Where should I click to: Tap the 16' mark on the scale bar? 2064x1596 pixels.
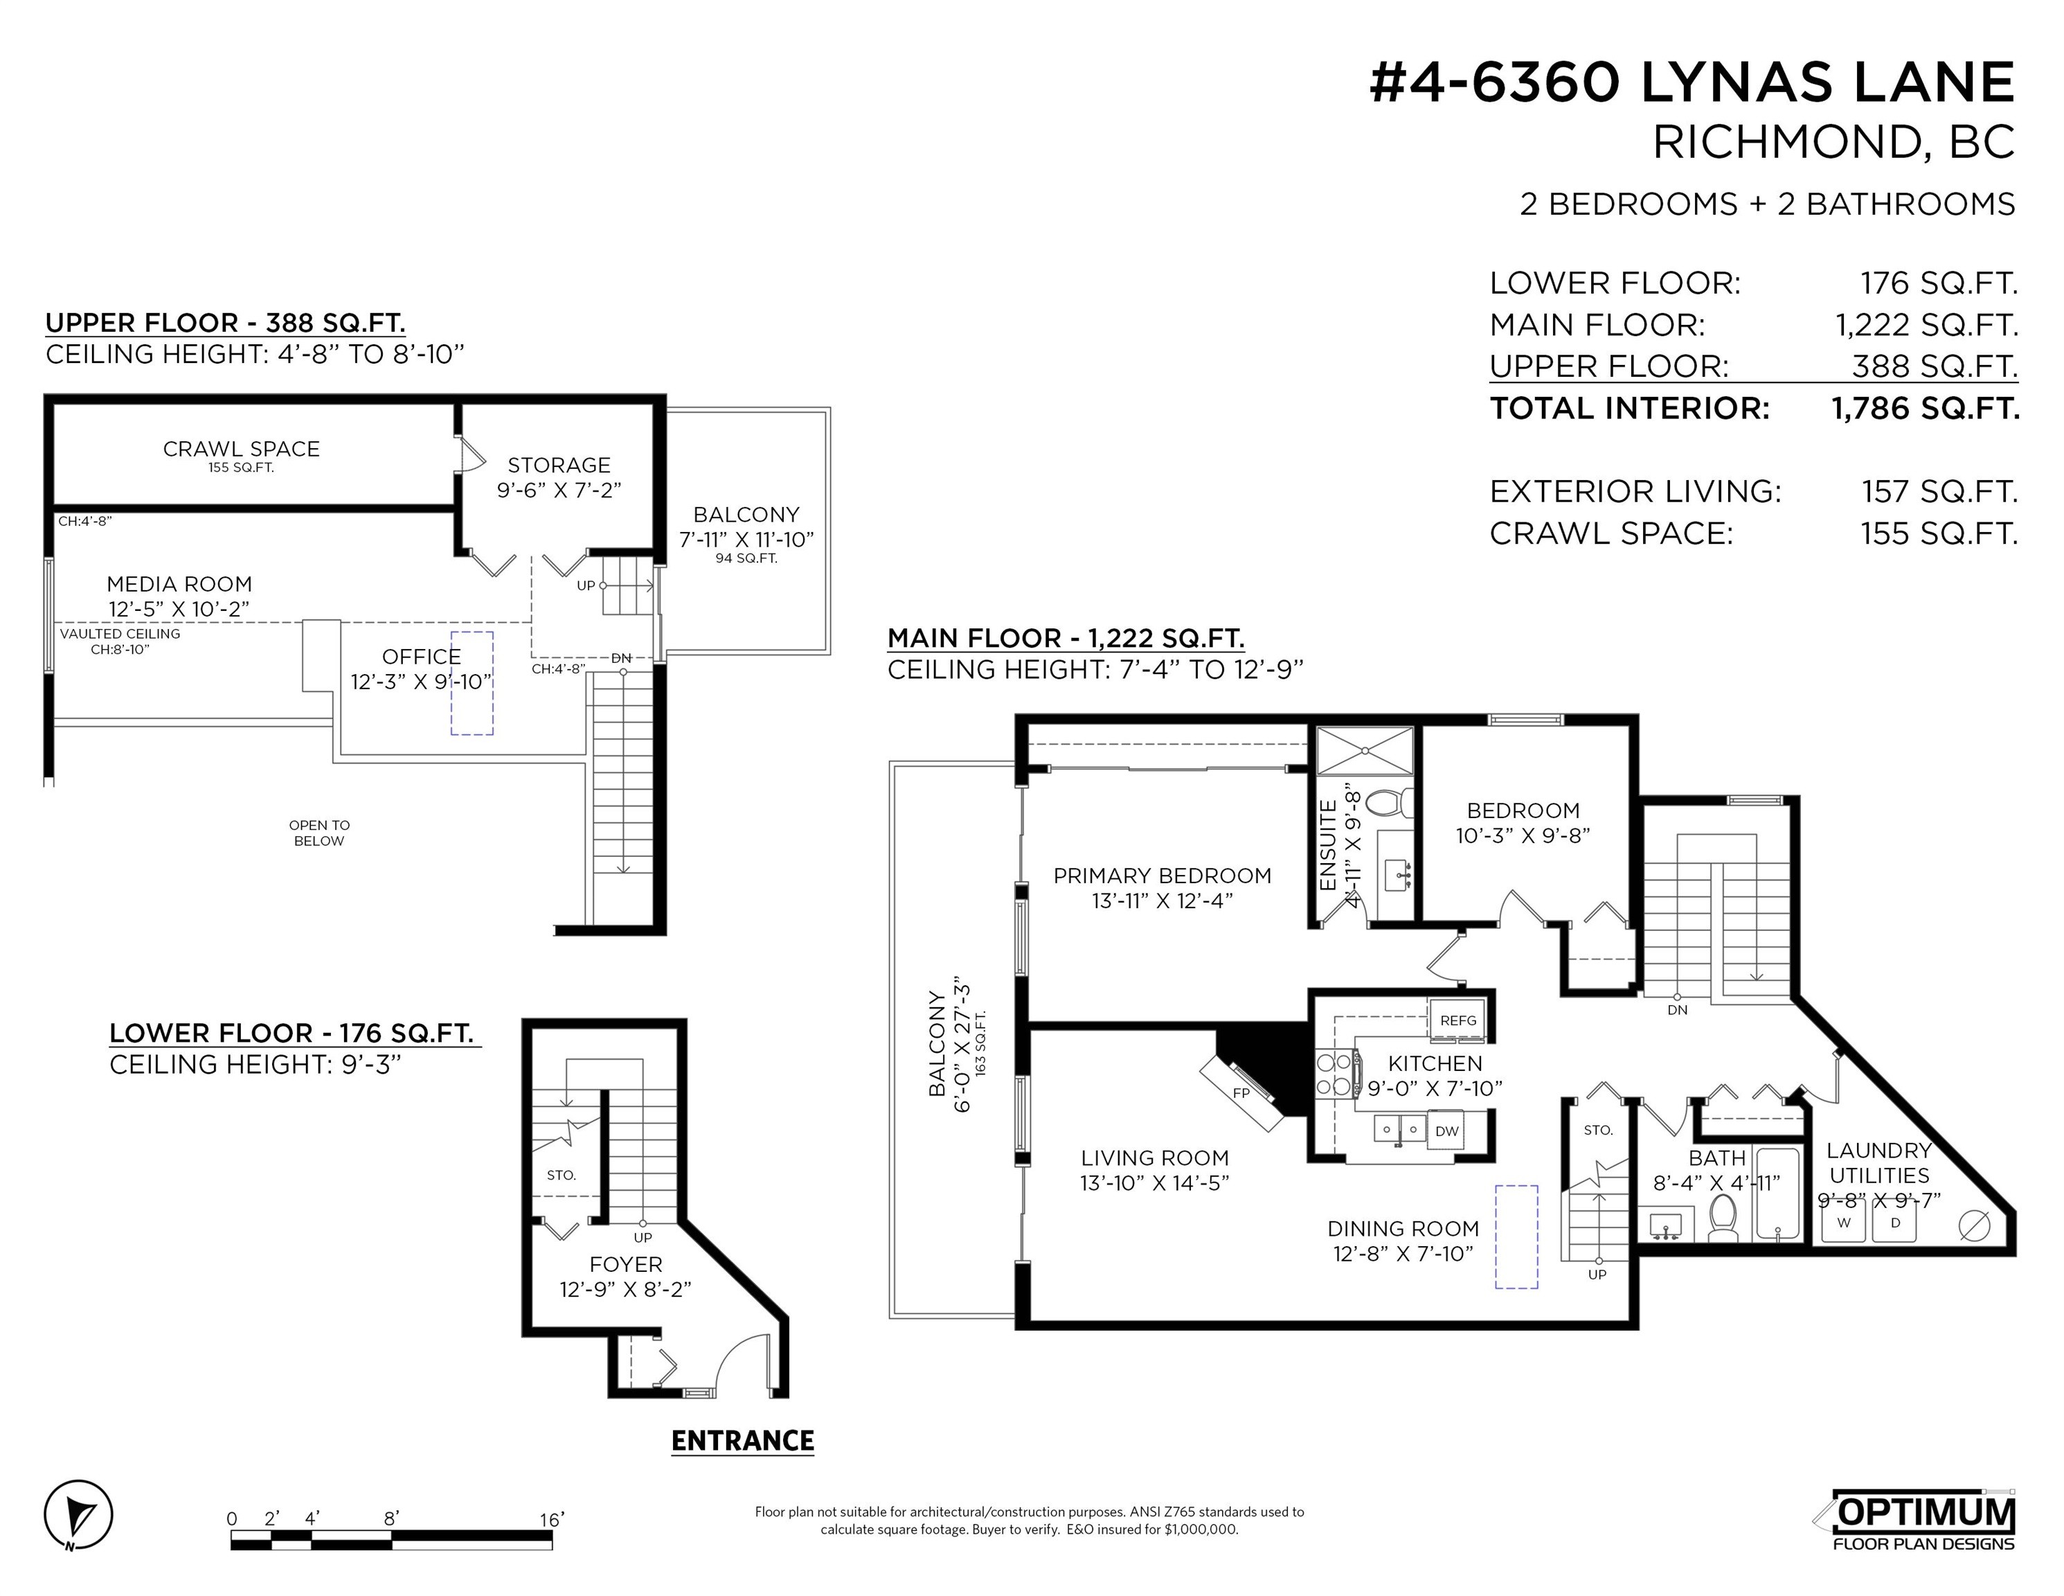point(552,1519)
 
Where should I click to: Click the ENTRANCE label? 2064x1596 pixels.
point(743,1441)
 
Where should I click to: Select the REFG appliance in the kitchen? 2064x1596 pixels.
point(1457,1020)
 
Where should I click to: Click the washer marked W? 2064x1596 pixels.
point(1844,1223)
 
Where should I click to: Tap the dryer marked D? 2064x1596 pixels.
point(1895,1223)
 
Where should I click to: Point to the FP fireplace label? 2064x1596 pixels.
point(1241,1093)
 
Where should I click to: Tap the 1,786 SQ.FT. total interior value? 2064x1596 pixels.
point(1925,409)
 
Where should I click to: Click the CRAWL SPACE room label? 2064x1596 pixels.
point(241,449)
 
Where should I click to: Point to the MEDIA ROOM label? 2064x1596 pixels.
point(179,585)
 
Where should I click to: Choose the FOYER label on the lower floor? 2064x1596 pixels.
point(626,1264)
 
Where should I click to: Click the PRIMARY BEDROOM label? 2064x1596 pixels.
point(1163,876)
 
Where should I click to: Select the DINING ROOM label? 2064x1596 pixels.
point(1403,1228)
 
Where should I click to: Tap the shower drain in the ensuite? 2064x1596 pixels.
point(1365,751)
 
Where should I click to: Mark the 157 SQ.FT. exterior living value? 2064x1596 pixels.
point(1939,492)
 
